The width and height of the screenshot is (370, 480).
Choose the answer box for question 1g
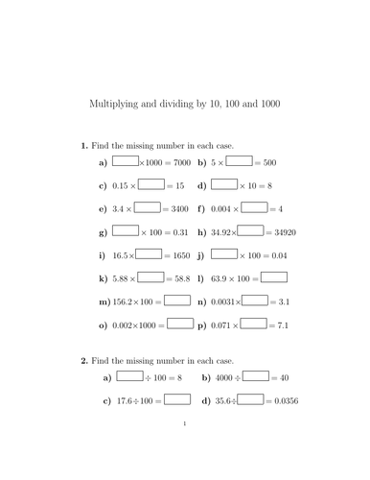[126, 230]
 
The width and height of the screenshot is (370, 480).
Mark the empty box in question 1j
[223, 254]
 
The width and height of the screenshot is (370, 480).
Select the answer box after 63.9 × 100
[274, 277]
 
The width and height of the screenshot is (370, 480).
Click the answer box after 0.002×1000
[181, 324]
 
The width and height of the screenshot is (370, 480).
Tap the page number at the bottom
[184, 446]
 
